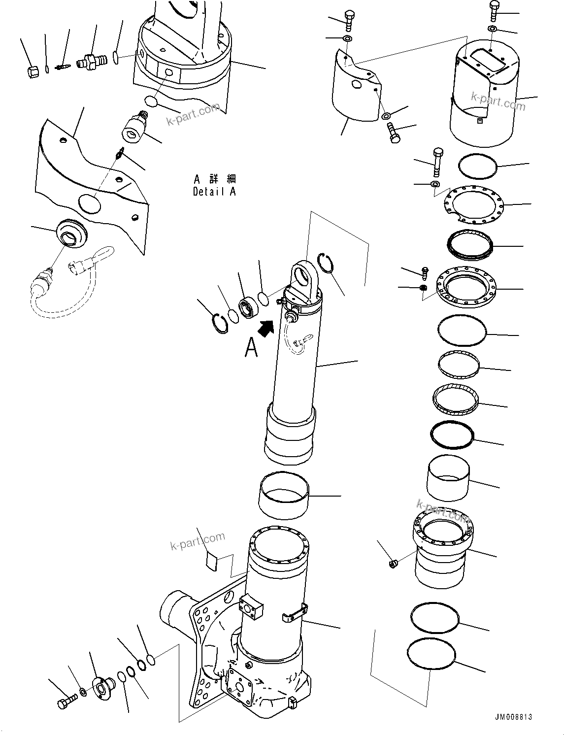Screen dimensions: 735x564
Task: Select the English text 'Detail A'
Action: (214, 192)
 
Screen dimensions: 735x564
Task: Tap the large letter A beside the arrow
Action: (251, 347)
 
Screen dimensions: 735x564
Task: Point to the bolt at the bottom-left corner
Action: (66, 702)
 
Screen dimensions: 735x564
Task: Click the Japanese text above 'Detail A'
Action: (214, 178)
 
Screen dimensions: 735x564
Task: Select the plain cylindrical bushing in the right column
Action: (448, 477)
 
